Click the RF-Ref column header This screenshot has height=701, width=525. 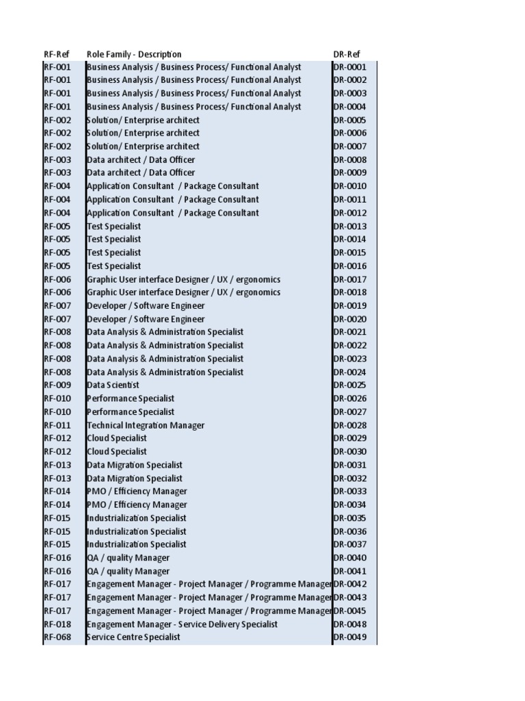57,54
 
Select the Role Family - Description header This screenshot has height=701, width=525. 134,54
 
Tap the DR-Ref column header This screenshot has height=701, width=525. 347,54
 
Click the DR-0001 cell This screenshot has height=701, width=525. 350,67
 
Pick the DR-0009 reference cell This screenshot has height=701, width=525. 350,173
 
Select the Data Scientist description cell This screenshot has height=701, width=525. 113,385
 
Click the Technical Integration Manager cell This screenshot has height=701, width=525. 146,425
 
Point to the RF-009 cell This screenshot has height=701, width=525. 57,385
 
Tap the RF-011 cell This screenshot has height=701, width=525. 57,425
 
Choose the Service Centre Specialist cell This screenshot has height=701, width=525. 133,637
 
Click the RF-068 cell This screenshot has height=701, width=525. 57,637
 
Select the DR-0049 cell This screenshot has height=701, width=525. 350,637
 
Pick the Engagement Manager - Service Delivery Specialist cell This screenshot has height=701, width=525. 183,624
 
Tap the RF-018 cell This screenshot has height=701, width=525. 57,624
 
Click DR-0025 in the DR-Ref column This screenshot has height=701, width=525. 350,385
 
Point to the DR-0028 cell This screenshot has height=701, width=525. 350,425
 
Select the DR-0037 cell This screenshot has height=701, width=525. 350,545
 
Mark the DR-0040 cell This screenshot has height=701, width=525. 350,558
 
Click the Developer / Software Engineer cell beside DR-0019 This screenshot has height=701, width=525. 146,306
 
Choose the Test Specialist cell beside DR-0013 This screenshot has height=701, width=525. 114,227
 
